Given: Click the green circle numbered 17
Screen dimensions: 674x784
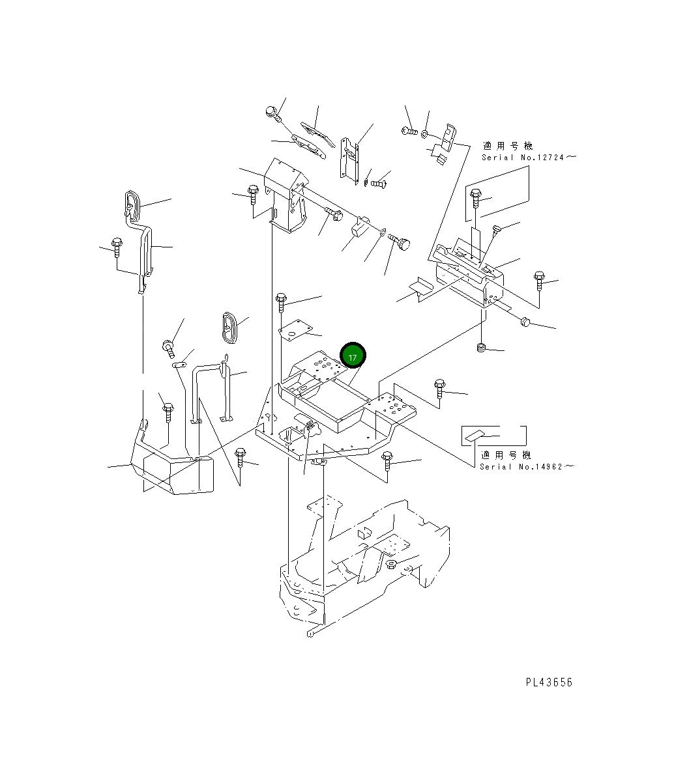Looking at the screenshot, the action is (x=353, y=355).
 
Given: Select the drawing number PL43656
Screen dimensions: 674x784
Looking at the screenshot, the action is (x=549, y=682).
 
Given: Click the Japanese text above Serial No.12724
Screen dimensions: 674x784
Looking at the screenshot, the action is (x=508, y=146).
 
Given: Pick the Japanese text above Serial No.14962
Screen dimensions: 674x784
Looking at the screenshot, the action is (x=506, y=455).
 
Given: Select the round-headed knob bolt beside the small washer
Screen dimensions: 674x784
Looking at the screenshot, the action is (x=399, y=241).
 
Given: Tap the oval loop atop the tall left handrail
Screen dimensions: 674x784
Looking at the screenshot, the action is (x=132, y=205).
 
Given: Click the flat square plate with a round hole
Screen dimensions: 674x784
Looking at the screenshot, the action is (x=295, y=329).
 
